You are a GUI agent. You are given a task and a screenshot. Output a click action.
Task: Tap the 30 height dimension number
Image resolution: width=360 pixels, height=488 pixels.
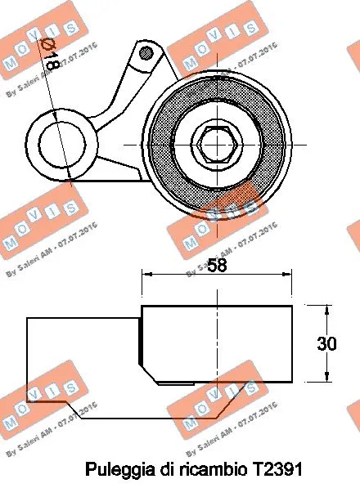(327, 344)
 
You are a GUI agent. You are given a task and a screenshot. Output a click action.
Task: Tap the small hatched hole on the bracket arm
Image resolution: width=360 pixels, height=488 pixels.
(146, 54)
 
